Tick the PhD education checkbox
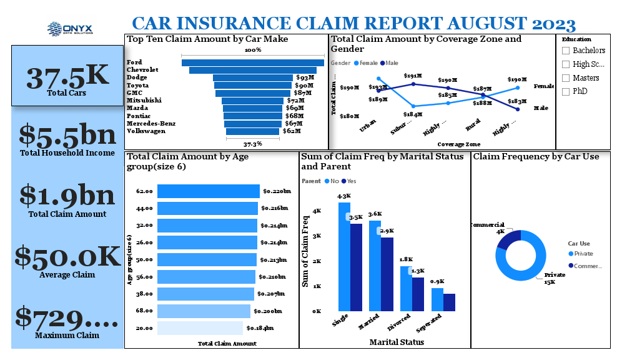coord(566,92)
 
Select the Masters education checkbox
coord(566,78)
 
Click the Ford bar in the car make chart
coord(252,62)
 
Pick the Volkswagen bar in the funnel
coord(252,131)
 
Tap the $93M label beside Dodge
coord(305,78)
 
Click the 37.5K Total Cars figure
coord(67,76)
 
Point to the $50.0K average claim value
coord(67,257)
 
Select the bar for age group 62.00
coord(208,191)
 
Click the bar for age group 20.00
coord(200,328)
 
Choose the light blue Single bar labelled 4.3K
coord(344,256)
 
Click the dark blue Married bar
coord(387,274)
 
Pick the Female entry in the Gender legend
coord(367,63)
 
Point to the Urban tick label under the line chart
coord(368,125)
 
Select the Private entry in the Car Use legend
coord(580,254)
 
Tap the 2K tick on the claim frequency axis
coord(317,261)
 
